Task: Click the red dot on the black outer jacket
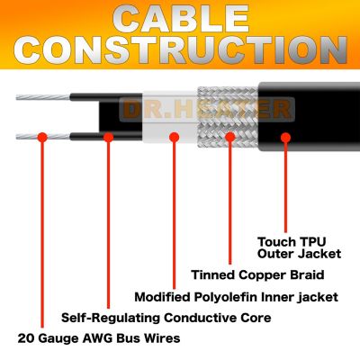(285, 138)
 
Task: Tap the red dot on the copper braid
(230, 138)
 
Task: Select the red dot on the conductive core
(108, 138)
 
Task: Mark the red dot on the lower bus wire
(41, 138)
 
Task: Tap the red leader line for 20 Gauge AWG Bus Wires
(41, 234)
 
